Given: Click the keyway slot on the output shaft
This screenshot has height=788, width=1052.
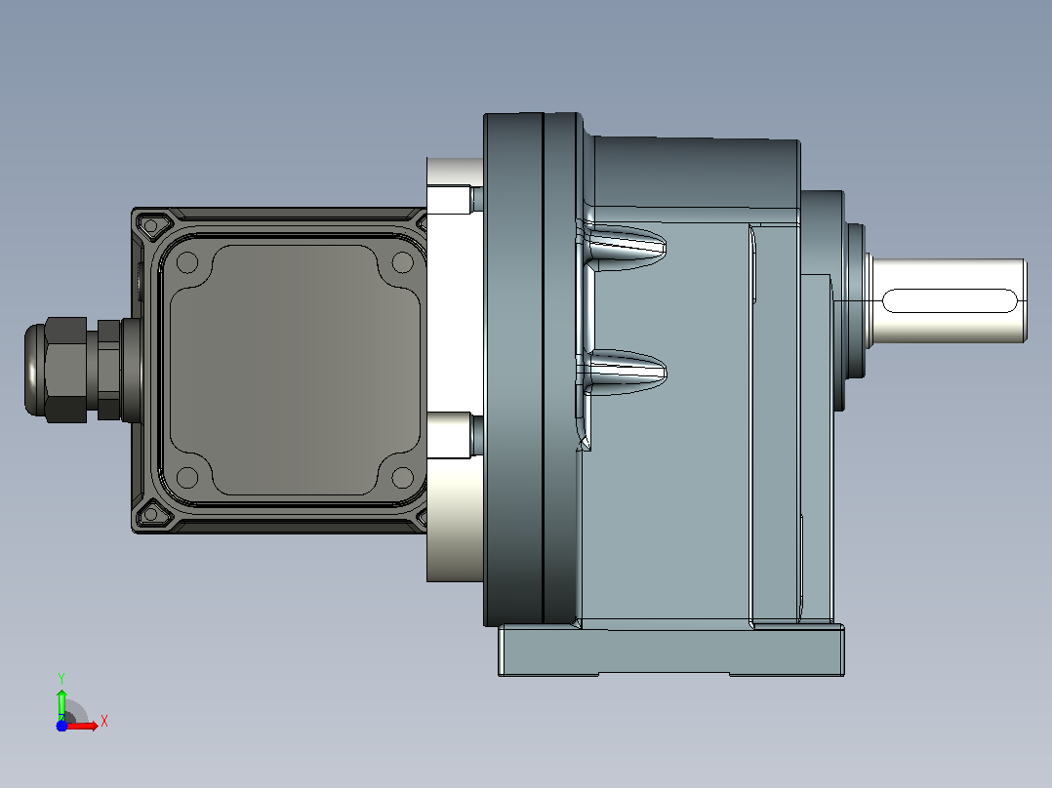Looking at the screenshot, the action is click(951, 300).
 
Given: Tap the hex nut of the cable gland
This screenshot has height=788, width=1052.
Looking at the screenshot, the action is click(65, 370).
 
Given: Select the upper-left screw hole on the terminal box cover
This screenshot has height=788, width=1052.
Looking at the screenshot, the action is click(187, 261).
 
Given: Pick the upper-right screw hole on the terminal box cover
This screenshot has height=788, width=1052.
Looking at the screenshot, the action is click(402, 261).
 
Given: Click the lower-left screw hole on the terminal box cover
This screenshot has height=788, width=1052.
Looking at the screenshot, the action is click(187, 478).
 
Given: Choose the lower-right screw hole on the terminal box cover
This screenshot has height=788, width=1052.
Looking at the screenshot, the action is click(402, 478).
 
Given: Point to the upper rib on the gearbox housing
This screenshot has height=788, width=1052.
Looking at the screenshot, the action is click(624, 246).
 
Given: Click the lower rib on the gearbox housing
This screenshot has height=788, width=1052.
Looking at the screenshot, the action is click(624, 373).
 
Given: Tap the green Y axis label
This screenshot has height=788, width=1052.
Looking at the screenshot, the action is click(61, 678).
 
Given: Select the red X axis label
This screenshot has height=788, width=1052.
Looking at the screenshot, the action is click(104, 722).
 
